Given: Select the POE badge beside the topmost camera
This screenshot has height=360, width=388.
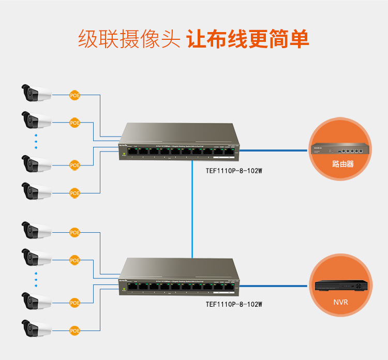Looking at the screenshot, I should coord(75,95).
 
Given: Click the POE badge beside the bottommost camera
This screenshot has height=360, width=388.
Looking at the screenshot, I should coord(75,330).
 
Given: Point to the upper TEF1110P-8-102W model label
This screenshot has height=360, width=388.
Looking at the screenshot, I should coord(234,170).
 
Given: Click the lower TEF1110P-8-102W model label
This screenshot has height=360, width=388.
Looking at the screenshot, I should coord(234,305).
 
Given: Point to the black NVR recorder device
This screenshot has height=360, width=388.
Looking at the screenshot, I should coord(341,286).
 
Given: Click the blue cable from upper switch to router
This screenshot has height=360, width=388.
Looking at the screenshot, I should coord(274,150).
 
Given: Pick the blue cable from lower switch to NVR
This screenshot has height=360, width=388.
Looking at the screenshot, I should coord(274,285).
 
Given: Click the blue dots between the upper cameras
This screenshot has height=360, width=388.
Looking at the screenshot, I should coord(36,141).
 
